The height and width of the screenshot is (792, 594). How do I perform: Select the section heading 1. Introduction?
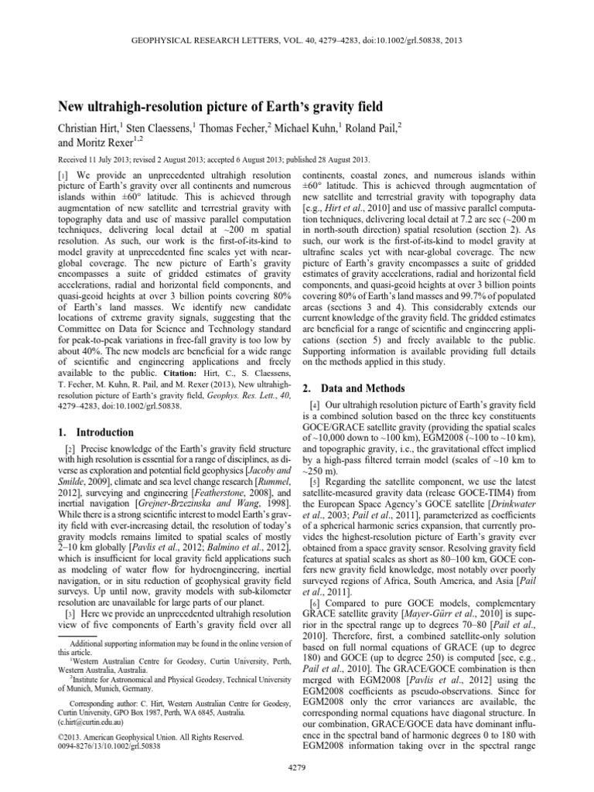[x=98, y=432]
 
